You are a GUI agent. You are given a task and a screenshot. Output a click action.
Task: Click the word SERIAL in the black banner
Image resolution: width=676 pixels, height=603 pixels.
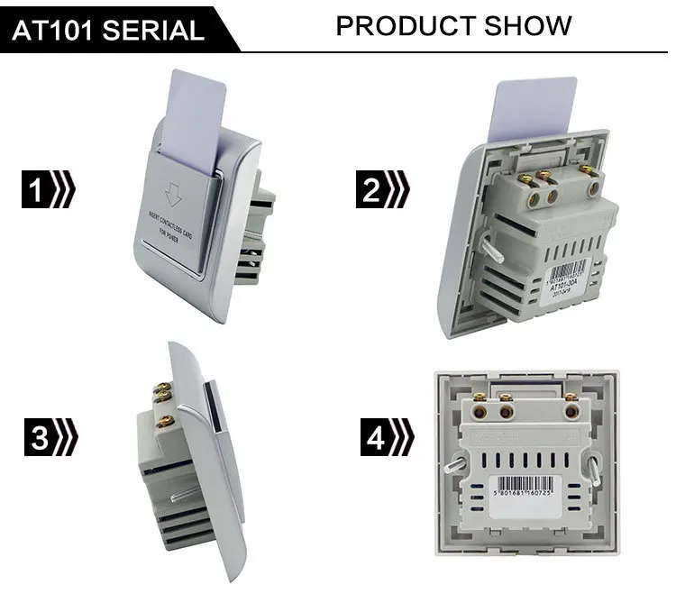(158, 31)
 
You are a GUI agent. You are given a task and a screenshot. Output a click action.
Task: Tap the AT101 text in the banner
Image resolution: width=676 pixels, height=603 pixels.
(59, 31)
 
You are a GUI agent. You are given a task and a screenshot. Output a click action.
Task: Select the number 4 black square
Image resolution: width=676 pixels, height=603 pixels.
(377, 438)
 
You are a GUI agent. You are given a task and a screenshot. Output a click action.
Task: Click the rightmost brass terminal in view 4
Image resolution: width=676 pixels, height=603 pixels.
(571, 411)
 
